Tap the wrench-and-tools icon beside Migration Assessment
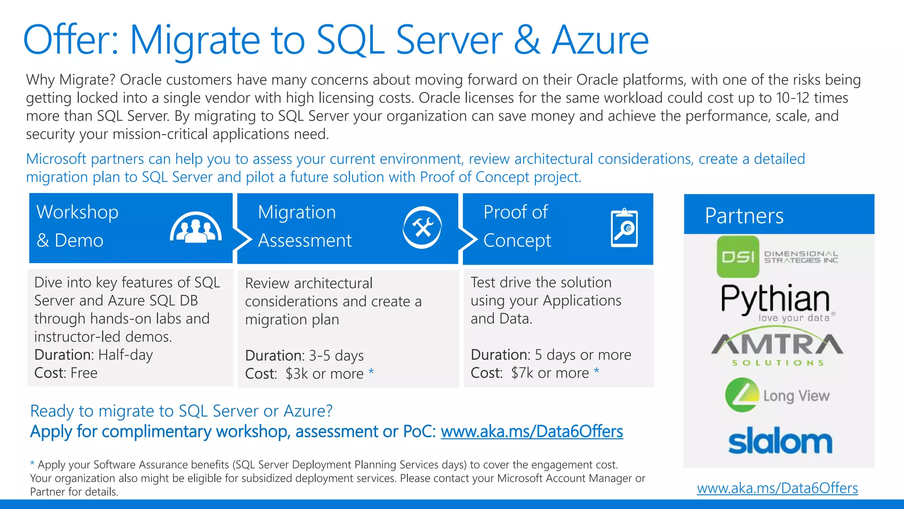[422, 228]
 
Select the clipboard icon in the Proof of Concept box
[624, 228]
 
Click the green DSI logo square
[738, 257]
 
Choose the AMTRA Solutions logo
[777, 347]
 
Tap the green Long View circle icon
[742, 395]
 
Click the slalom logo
[780, 441]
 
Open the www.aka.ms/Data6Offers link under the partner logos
[777, 488]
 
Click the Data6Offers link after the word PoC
[531, 432]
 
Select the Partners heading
[744, 216]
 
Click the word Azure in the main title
[600, 41]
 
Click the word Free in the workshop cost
[84, 373]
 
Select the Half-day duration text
[125, 355]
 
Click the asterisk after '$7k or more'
[596, 371]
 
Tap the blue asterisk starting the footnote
[32, 463]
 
